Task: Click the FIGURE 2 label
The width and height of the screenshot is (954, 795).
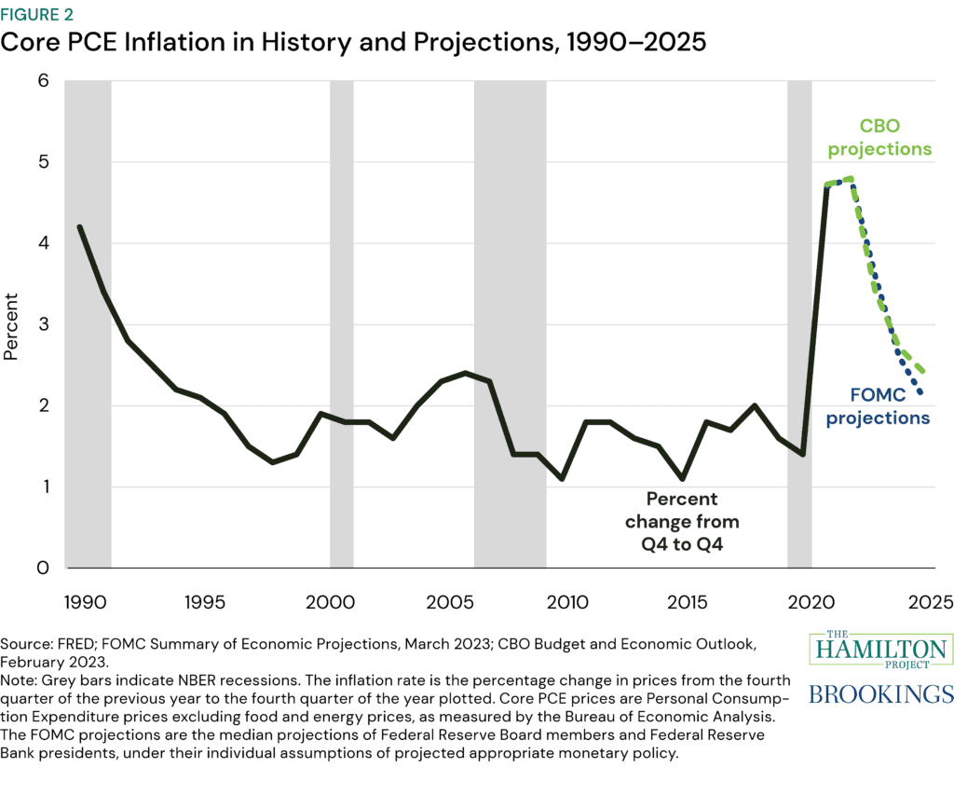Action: (x=40, y=15)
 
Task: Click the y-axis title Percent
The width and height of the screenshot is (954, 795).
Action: (x=11, y=326)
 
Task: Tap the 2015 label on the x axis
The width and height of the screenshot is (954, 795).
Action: (x=690, y=601)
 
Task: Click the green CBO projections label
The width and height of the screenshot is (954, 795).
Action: (x=879, y=138)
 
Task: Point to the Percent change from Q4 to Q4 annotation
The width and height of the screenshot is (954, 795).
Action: (x=683, y=522)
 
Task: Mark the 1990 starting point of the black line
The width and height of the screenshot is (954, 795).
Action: (x=79, y=226)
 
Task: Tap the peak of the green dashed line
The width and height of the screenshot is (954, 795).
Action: (x=850, y=178)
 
